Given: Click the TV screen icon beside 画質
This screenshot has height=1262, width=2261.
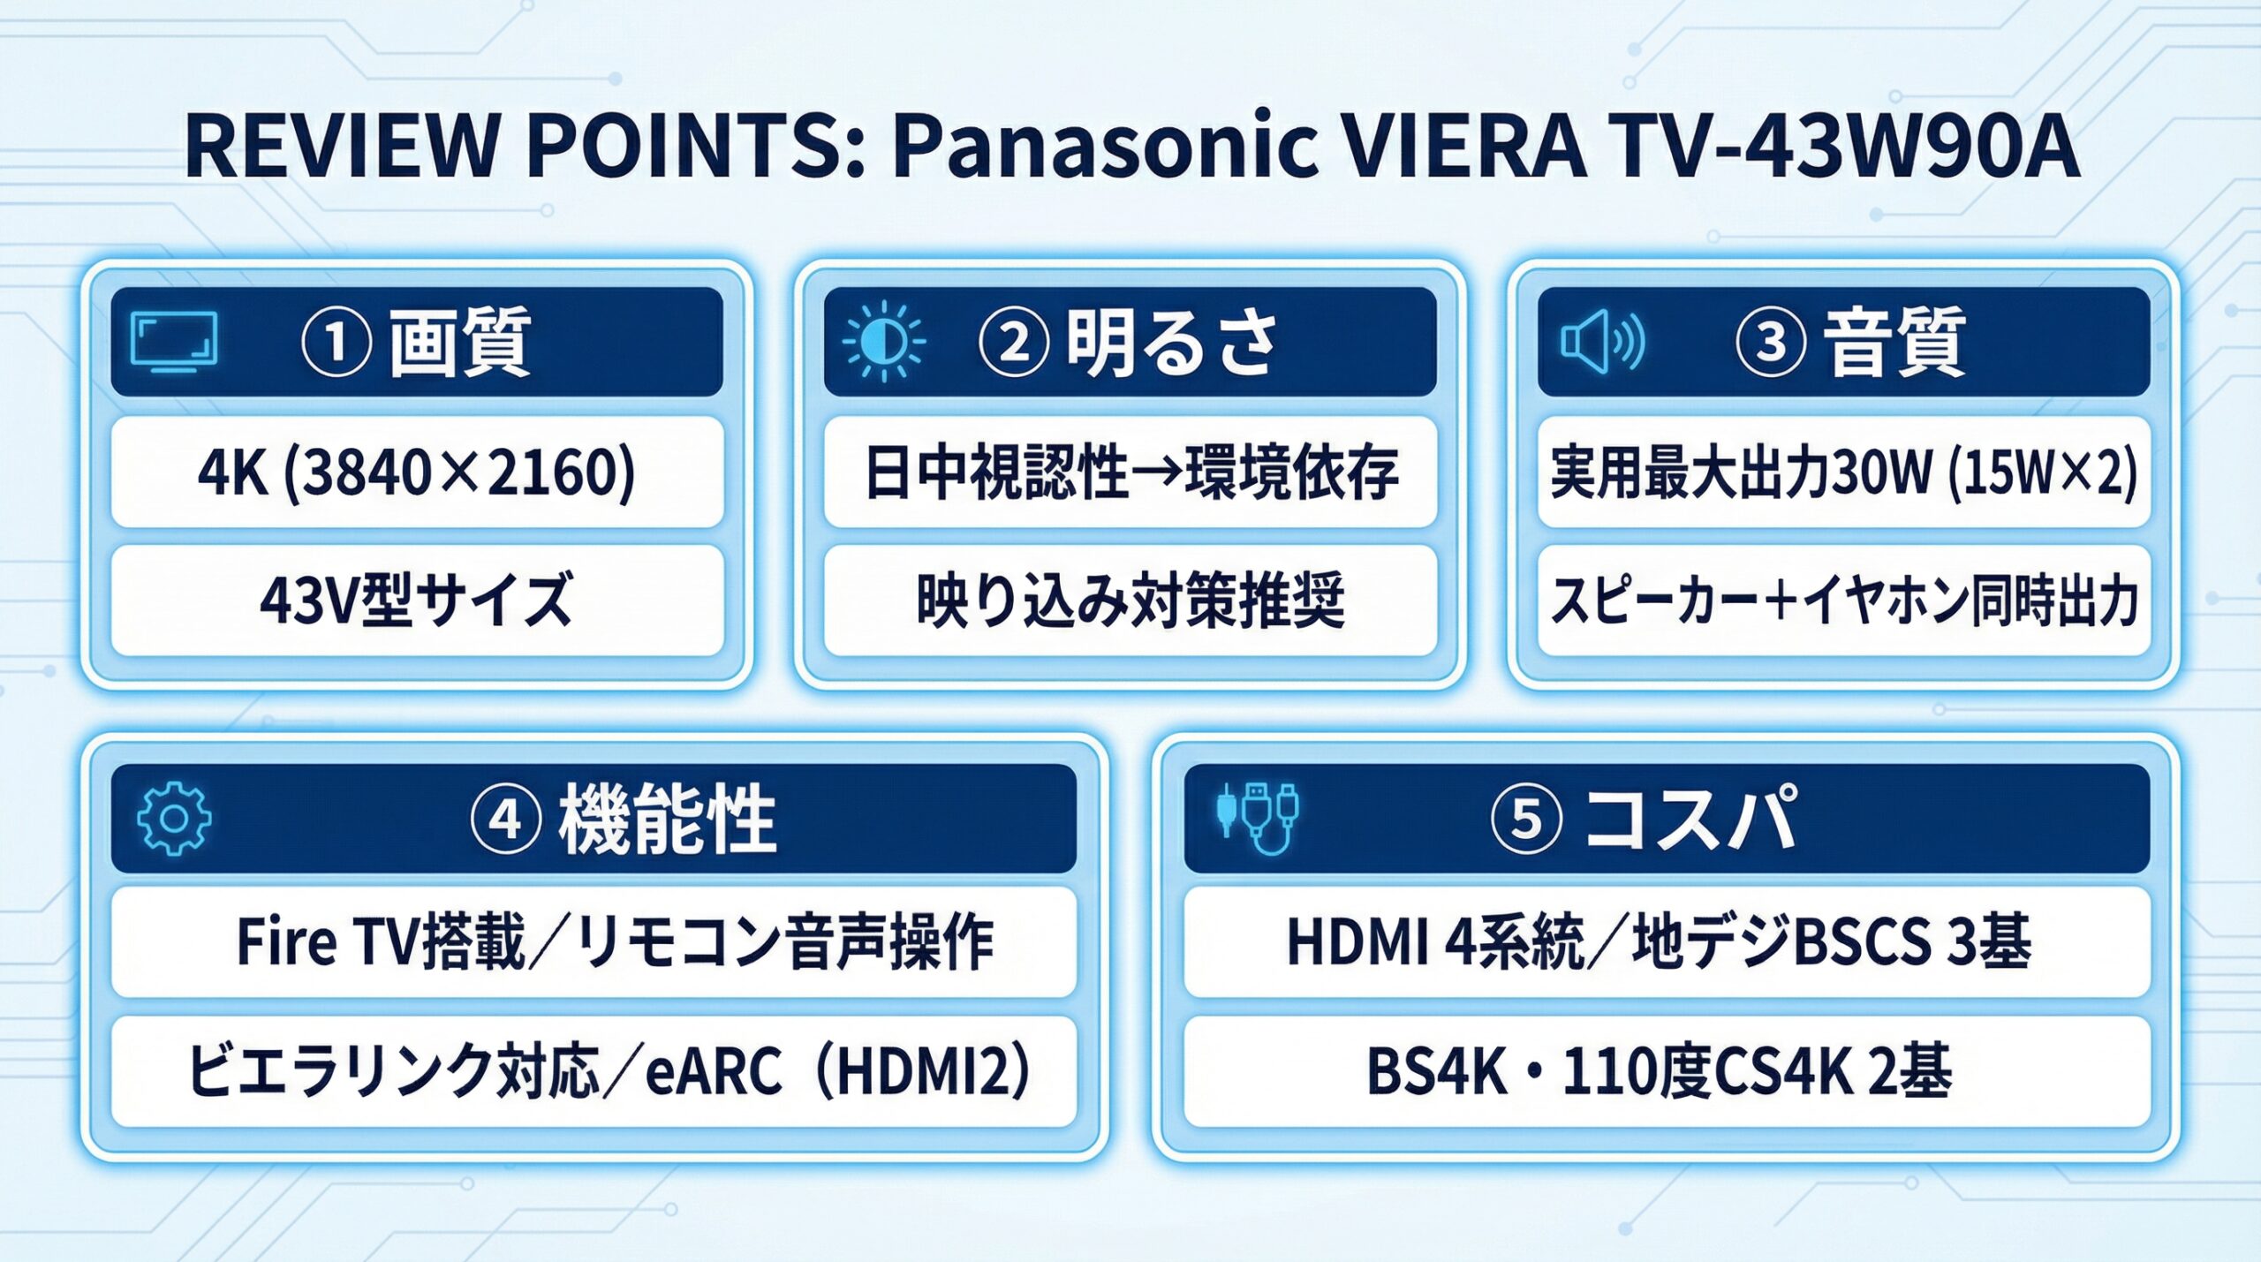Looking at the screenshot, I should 173,342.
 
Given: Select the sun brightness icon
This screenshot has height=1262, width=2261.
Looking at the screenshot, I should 883,342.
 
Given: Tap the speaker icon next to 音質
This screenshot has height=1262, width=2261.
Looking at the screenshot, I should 1601,342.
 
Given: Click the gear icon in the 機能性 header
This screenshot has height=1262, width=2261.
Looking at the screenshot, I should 174,818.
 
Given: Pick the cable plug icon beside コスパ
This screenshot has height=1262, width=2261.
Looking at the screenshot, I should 1258,818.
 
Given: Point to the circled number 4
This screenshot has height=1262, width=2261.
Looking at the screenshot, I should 505,820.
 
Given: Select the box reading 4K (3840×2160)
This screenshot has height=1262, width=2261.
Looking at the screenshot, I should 417,472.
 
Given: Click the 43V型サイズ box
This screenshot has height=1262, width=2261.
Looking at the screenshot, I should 417,601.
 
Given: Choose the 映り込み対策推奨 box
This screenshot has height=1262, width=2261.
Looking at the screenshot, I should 1130,601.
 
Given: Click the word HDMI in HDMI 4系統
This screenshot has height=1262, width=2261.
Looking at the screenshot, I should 1356,942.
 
